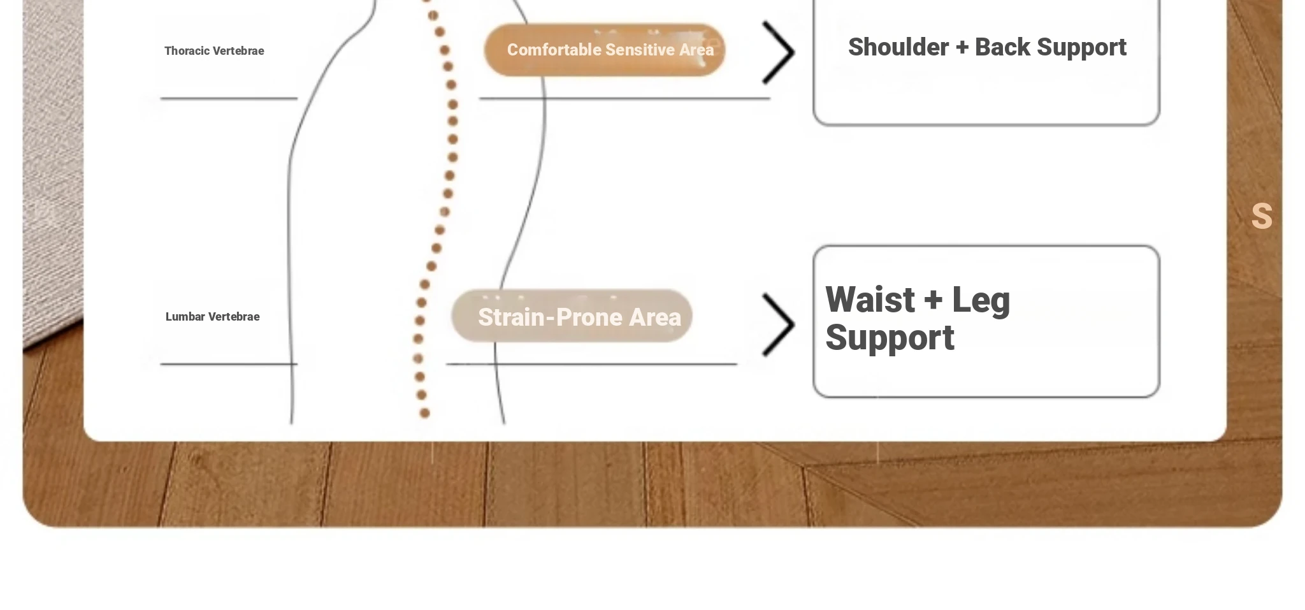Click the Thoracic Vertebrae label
[x=214, y=51]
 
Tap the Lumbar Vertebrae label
[x=212, y=317]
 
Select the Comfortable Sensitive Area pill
[x=605, y=50]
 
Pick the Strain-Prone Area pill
[x=572, y=316]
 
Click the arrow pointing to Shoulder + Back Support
[x=779, y=52]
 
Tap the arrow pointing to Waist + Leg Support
[x=779, y=324]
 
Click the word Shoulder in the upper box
[x=898, y=47]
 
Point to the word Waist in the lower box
[x=870, y=300]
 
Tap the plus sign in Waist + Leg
[x=933, y=300]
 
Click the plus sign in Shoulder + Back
[x=962, y=48]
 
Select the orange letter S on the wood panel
[x=1262, y=216]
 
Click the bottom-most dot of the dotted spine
[x=425, y=413]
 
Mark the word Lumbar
[x=185, y=317]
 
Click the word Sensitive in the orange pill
[x=640, y=50]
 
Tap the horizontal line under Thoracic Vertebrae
[x=229, y=98]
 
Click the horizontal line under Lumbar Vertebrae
[x=229, y=364]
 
